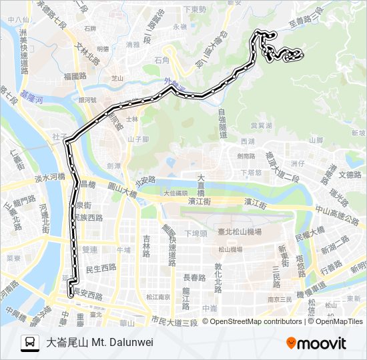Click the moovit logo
pos(316,343)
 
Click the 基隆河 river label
pos(31,98)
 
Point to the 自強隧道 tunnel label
pos(223,125)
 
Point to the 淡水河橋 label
pos(49,178)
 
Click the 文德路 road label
pos(350,175)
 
